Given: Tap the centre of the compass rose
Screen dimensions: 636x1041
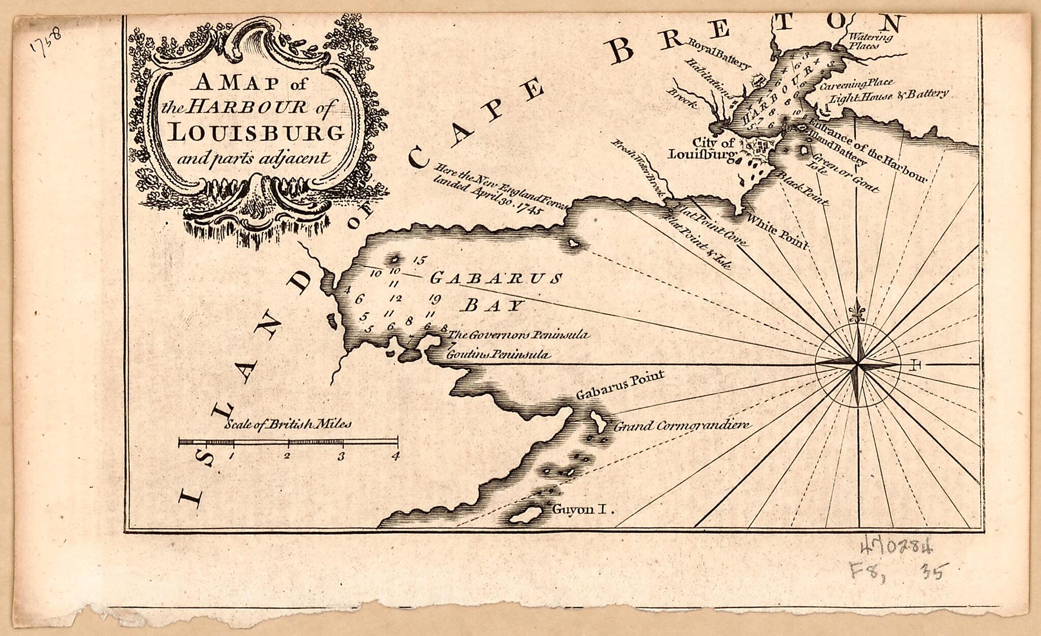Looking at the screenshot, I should coord(858,364).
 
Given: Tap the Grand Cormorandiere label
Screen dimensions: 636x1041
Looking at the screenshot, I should coord(681,426).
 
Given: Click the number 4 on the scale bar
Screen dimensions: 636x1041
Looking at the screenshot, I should coord(395,456).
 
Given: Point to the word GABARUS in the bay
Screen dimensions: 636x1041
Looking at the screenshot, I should coord(496,278).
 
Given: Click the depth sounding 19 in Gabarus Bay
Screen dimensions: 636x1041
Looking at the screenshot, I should coord(435,298).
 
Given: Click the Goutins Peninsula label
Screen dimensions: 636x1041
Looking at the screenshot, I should coord(498,355).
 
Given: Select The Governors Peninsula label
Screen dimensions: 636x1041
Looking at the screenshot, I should coord(518,335).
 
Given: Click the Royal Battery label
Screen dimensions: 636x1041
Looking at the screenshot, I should coord(719,53).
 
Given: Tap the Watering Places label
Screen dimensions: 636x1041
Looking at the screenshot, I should coord(870,41).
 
